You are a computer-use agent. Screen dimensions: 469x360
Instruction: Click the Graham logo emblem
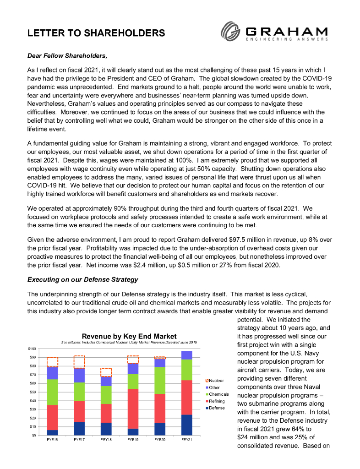231,32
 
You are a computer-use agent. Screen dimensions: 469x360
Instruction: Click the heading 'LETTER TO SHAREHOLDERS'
96,33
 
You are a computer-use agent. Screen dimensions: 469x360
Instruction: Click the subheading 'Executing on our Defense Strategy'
83,279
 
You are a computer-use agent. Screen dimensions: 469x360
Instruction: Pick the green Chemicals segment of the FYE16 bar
52,392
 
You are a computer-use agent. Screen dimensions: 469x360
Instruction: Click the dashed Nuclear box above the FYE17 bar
79,362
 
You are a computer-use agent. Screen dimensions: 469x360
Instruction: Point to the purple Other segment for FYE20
160,362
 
